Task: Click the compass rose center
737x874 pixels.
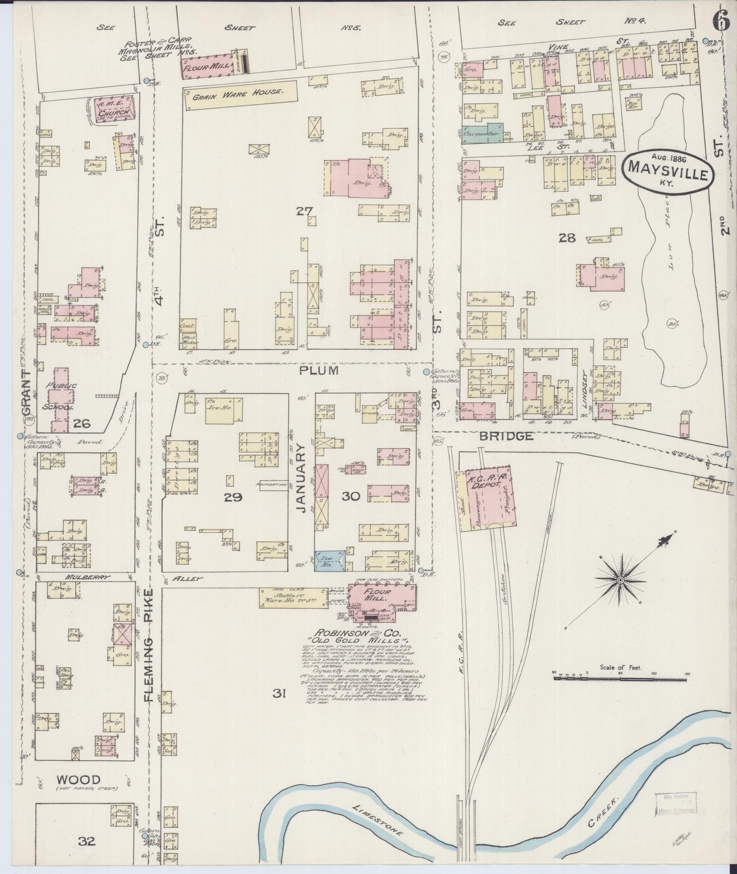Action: coord(619,581)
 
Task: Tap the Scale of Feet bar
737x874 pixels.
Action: coord(620,678)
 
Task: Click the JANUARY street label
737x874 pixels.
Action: coord(301,477)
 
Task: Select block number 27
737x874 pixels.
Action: coord(304,210)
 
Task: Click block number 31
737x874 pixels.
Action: coord(278,693)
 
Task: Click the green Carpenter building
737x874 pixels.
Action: coord(482,133)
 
